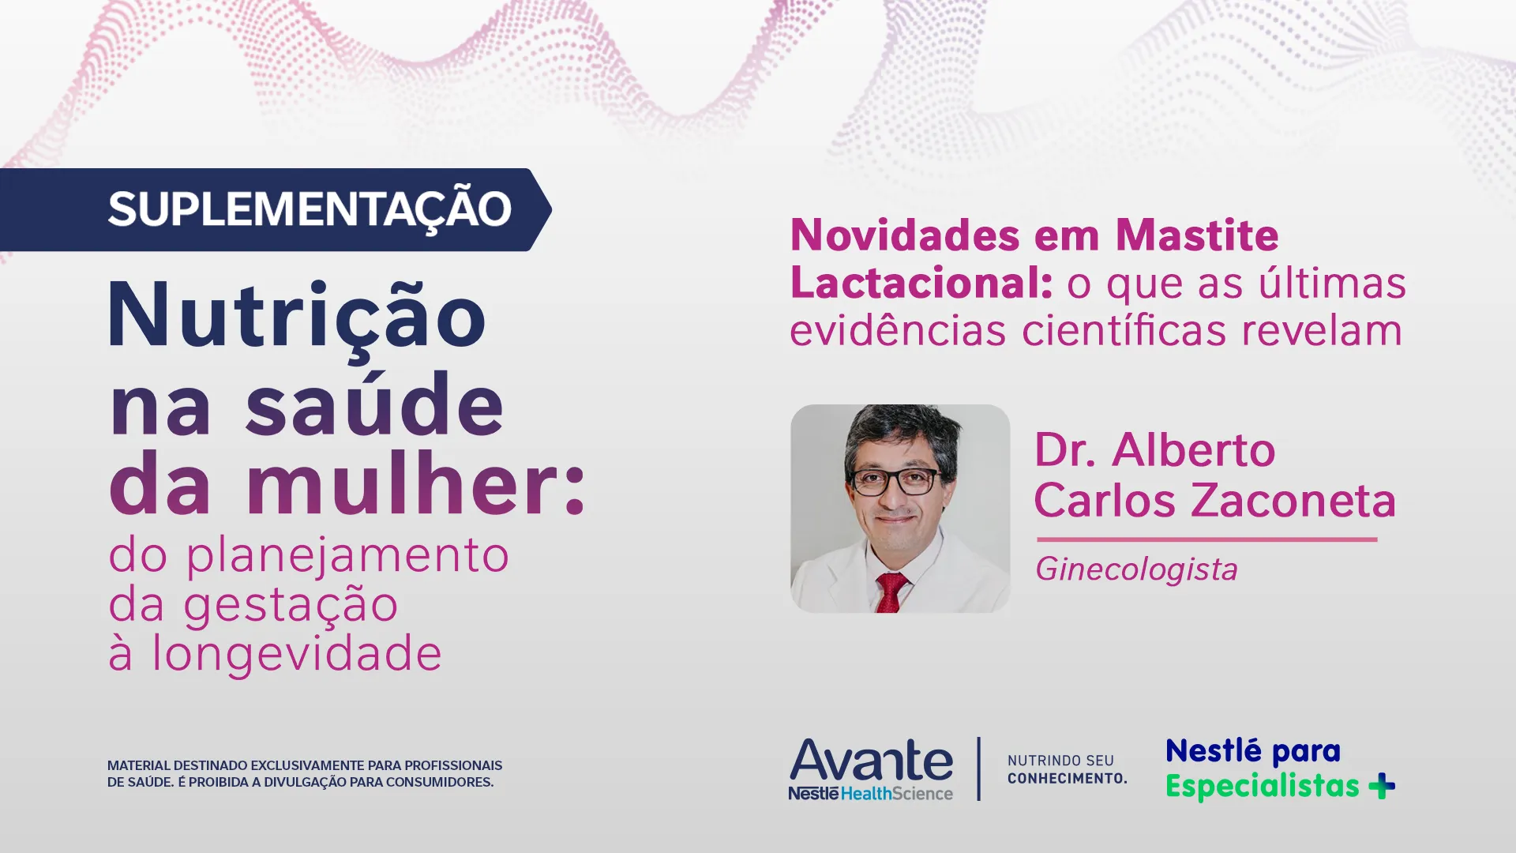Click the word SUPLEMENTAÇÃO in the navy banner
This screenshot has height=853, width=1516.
coord(310,209)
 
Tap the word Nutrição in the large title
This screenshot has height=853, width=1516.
coord(297,316)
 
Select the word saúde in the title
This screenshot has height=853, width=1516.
coord(374,406)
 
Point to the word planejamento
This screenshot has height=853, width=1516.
coord(347,556)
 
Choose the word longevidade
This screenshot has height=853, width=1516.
coord(297,654)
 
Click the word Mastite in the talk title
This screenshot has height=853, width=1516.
coord(1197,235)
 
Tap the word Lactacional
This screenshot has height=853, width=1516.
coord(921,283)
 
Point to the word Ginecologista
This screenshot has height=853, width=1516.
coord(1136,569)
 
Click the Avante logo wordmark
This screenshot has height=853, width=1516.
coord(871,760)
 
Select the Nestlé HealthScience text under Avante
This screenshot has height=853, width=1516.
coord(870,794)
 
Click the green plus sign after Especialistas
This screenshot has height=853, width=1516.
coord(1382,786)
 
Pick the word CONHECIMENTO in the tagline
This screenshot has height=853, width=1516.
coord(1067,779)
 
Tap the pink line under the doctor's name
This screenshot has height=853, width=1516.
coord(1206,539)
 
